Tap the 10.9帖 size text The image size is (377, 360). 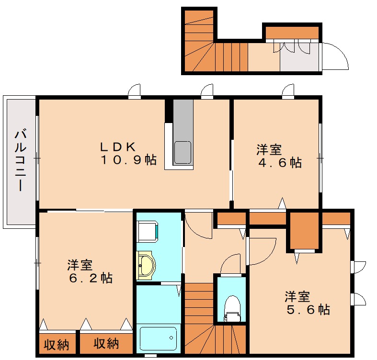click(128, 161)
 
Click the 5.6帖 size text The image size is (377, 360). click(308, 310)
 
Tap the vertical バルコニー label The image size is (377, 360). click(20, 160)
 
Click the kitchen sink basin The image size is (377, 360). click(183, 152)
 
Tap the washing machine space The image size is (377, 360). click(147, 232)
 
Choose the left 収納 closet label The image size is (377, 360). click(56, 344)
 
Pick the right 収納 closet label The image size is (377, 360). click(105, 344)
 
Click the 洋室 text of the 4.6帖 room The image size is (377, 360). click(269, 149)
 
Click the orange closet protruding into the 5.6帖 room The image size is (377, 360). click(304, 231)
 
